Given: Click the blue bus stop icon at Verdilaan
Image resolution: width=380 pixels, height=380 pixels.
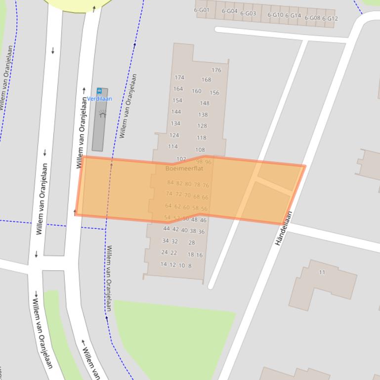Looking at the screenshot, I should [x=99, y=91].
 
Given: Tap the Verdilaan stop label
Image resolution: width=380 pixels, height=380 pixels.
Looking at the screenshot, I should [x=100, y=99].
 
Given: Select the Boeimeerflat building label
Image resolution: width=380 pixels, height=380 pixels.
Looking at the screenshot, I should [x=184, y=168].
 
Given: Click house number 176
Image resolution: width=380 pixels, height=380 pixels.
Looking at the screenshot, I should [x=216, y=70].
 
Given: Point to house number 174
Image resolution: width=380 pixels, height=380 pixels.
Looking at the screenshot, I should [x=179, y=77].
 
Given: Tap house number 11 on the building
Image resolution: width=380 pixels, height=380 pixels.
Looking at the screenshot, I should [x=322, y=272].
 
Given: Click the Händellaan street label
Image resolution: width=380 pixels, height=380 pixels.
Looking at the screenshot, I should [x=284, y=228].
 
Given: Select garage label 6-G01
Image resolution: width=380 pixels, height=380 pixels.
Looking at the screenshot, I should [x=202, y=10].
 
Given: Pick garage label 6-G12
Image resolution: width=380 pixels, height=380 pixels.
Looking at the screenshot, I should [x=330, y=19].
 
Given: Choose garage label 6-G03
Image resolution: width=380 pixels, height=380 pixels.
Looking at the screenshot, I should [x=248, y=13].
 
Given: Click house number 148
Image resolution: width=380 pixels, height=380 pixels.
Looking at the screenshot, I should [x=205, y=103].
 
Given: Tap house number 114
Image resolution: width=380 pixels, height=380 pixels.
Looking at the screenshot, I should [x=172, y=147].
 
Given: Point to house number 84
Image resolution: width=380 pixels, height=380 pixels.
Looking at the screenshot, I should [x=170, y=183].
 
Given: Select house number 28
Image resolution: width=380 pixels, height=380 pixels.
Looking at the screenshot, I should [x=192, y=242].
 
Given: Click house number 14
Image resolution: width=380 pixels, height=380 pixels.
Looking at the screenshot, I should [x=164, y=264].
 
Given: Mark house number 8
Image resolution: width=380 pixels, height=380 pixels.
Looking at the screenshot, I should [x=190, y=266].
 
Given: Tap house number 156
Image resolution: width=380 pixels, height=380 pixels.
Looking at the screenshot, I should [x=214, y=93].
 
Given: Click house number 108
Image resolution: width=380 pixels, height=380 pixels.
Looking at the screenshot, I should [x=200, y=150].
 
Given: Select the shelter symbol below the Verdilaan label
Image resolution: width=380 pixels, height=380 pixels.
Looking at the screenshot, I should [x=102, y=114].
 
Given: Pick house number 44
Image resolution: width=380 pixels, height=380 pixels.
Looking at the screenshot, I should [x=166, y=228].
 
